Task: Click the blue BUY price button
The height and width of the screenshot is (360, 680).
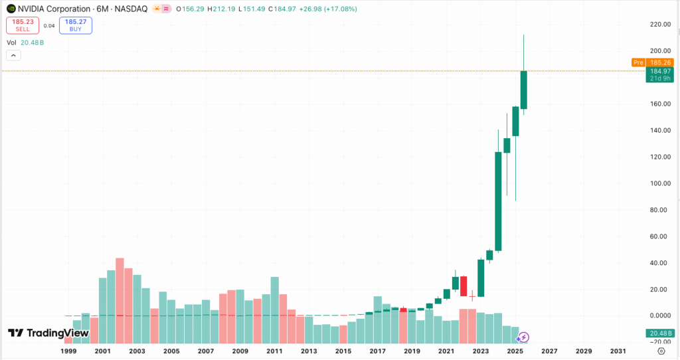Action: (x=75, y=26)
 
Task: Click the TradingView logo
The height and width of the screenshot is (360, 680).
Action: (x=48, y=333)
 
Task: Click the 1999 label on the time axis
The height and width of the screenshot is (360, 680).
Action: (x=68, y=351)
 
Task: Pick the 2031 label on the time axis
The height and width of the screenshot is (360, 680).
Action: (x=618, y=351)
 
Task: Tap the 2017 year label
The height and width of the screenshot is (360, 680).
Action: (x=377, y=351)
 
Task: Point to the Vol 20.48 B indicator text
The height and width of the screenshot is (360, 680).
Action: (x=25, y=43)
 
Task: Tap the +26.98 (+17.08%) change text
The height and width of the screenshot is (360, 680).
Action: (x=324, y=9)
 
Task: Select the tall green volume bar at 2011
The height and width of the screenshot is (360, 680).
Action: (x=274, y=299)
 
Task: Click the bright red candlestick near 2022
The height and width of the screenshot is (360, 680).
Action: (x=464, y=286)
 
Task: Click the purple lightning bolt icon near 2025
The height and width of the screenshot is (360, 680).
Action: (x=524, y=337)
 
